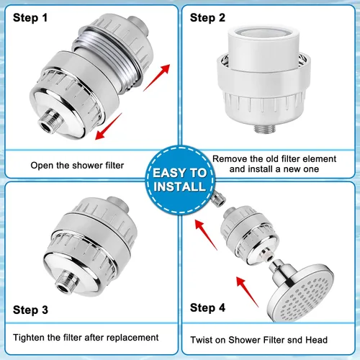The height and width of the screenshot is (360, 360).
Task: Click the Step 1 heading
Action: coord(30,18)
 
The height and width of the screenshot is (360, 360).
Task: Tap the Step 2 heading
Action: coord(207,18)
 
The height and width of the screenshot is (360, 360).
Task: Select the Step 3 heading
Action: coord(30,310)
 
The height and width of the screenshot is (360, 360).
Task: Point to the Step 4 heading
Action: coord(207,307)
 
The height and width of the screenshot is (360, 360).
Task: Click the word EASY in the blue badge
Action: coord(169,173)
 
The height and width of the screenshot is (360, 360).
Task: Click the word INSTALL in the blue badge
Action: coord(180,186)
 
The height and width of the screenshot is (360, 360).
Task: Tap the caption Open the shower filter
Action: coord(77,166)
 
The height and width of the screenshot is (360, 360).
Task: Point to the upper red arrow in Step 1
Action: coord(157,78)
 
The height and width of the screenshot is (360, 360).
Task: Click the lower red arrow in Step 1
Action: coord(109,127)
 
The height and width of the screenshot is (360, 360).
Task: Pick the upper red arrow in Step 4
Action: coord(206,235)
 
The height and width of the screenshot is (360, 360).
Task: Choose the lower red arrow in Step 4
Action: coord(248,292)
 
